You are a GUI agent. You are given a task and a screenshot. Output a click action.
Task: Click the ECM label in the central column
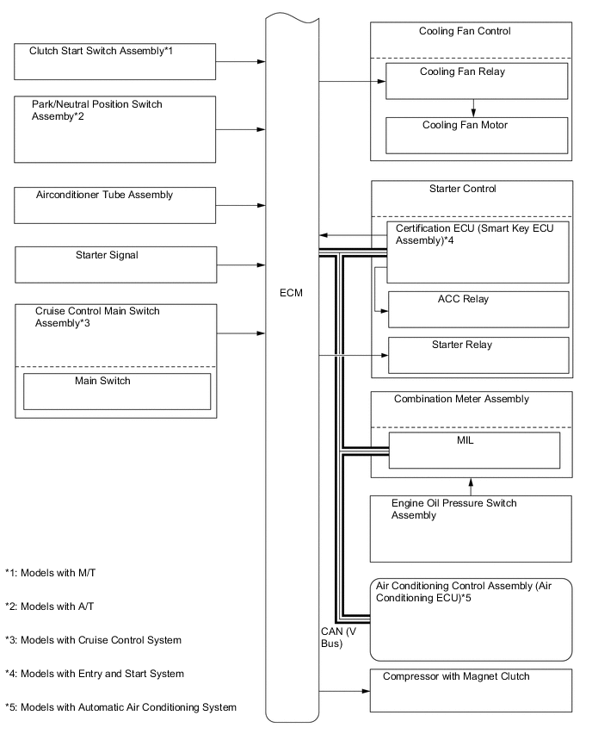[x=291, y=294]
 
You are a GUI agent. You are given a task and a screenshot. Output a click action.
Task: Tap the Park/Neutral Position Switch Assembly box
[x=115, y=128]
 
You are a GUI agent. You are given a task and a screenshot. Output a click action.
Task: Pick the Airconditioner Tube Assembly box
[x=115, y=205]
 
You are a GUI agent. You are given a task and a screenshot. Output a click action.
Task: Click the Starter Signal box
[x=115, y=264]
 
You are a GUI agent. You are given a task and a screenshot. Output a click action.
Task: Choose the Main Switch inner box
[x=116, y=390]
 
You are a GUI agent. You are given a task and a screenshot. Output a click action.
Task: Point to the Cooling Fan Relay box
[x=476, y=81]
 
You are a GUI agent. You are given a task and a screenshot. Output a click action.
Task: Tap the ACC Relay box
[x=478, y=308]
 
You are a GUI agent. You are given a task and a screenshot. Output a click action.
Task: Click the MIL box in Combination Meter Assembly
[x=474, y=449]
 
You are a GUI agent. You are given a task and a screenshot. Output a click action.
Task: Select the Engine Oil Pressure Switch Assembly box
[x=471, y=528]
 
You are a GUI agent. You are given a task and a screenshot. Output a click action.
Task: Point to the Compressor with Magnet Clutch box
[x=471, y=689]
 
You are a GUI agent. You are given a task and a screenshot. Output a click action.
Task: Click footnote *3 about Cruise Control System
[x=93, y=640]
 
